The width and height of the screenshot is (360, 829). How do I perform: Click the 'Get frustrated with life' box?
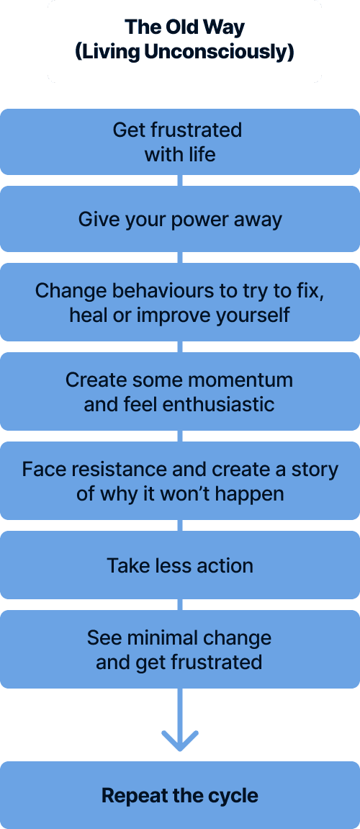click(180, 142)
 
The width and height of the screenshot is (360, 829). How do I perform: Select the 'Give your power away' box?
click(180, 219)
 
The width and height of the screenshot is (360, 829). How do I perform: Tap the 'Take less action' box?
click(180, 565)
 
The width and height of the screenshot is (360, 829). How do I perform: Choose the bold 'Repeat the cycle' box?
click(180, 795)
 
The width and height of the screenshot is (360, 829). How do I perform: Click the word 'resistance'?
click(120, 470)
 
